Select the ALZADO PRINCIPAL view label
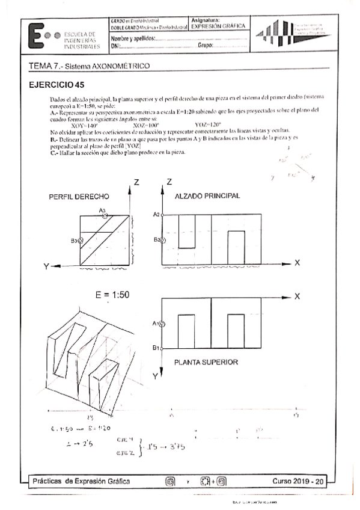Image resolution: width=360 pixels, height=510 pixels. coord(207,196)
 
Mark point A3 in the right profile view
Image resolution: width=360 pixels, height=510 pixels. coord(105,215)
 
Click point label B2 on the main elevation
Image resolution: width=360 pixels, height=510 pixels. coord(157,241)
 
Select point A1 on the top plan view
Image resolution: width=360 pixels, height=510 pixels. coord(162,324)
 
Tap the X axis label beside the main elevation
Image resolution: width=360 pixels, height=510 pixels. coord(297,263)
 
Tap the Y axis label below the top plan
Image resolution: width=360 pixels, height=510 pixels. coord(154,376)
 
